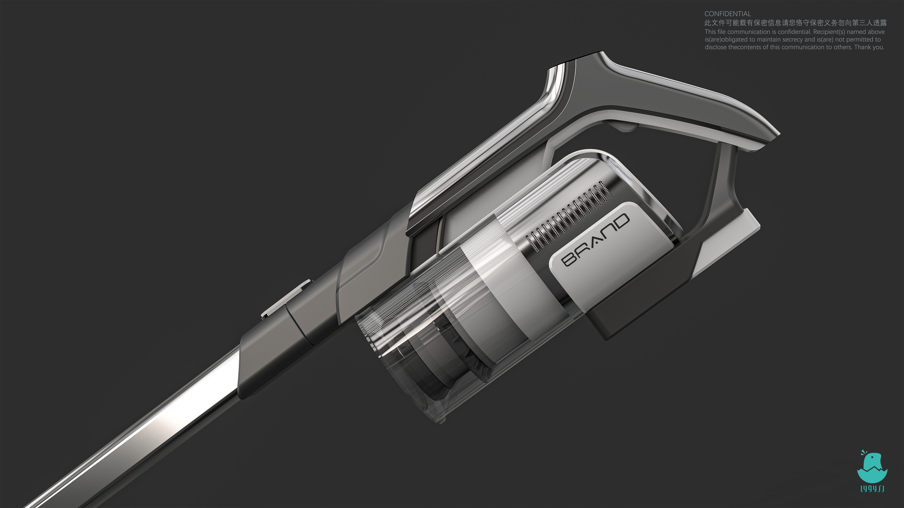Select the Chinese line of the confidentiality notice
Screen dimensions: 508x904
coord(795,23)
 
